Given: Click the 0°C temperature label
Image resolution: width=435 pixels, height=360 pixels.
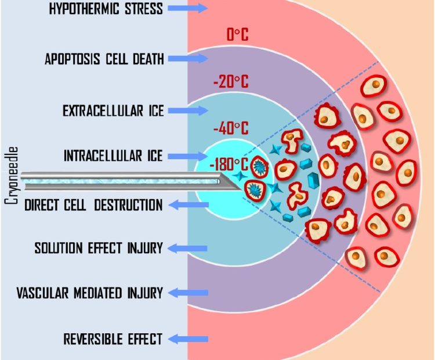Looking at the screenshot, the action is (237, 35).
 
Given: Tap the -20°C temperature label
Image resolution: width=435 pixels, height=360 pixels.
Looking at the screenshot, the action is (231, 81).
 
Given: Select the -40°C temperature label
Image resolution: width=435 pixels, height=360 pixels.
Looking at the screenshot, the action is (231, 128).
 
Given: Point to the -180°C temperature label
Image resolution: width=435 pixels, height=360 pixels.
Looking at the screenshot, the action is (229, 164).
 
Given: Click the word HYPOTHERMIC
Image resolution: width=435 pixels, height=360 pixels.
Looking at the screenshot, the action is (85, 8).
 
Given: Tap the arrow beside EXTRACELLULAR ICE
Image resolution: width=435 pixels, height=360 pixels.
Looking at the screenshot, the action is (188, 110).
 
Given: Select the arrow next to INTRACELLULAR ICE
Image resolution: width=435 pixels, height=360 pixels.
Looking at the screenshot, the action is (188, 156).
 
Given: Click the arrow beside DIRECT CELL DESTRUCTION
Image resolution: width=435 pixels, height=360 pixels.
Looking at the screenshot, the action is (188, 205).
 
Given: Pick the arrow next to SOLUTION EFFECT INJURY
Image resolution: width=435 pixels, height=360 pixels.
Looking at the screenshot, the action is (188, 248).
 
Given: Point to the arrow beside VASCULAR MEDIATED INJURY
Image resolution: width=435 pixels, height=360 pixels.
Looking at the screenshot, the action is (188, 293).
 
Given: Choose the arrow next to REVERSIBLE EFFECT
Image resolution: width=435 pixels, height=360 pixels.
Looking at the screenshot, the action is (188, 339).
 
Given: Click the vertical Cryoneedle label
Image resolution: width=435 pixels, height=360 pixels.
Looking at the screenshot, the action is (12, 175).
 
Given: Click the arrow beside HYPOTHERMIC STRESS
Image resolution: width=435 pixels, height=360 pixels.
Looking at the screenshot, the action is (188, 8).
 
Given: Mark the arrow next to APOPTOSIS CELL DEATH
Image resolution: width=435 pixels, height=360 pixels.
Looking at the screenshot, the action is (188, 59).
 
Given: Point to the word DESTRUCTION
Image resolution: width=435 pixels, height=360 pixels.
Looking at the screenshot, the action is (128, 205).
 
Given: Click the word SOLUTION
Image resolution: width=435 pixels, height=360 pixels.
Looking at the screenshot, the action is (59, 248).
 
